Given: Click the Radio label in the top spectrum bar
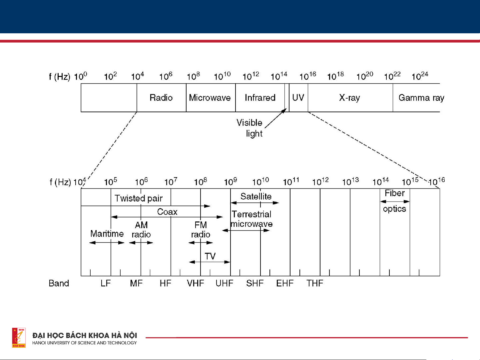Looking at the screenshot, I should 161,98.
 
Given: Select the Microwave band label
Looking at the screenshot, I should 210,98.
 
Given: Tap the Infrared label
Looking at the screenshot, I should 260,98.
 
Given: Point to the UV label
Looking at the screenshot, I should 298,98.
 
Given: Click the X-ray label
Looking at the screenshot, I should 349,98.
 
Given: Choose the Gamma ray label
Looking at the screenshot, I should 421,98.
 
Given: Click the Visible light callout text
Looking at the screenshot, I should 250,128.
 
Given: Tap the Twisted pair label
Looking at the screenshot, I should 139,198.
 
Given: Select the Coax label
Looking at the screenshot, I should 167,212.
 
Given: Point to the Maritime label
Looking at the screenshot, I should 107,234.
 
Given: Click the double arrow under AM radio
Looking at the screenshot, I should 141,242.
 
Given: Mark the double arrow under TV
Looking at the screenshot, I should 210,262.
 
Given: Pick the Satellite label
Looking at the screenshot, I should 256,196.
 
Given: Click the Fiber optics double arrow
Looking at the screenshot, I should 395,201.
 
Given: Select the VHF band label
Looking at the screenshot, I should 196,283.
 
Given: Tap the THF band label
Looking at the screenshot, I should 315,283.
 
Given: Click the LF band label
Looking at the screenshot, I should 106,283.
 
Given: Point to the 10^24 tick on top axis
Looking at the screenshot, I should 420,76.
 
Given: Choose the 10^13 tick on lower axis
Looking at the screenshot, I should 350,182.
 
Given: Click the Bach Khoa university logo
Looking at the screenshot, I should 19,337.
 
